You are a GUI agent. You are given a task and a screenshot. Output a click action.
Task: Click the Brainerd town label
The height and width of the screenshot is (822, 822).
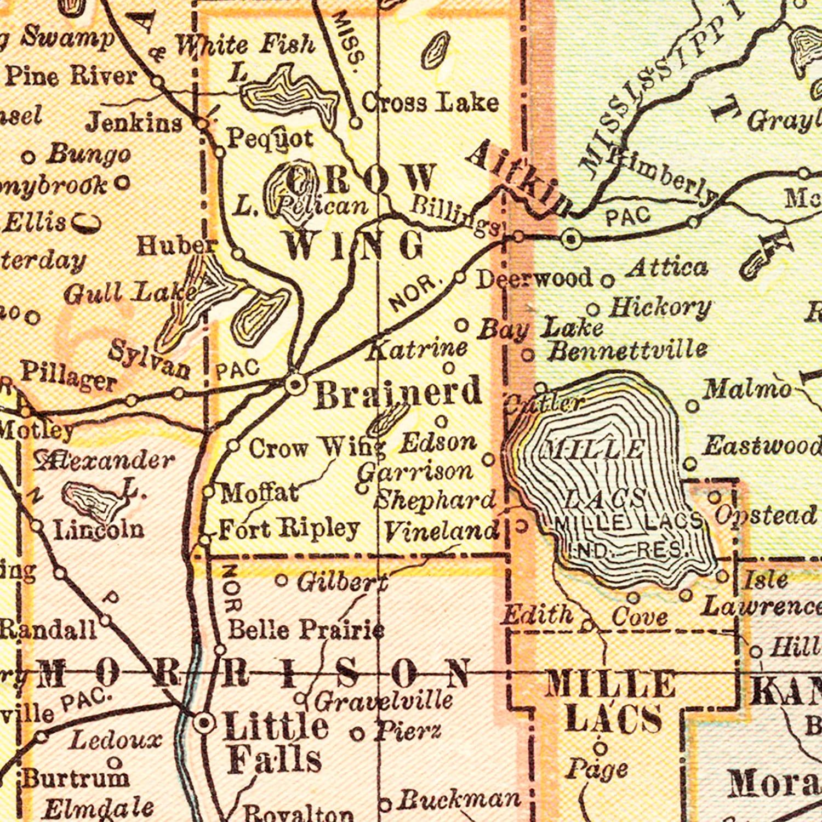(x=398, y=393)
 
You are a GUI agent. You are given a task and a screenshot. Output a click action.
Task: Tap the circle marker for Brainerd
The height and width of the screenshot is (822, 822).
(x=295, y=384)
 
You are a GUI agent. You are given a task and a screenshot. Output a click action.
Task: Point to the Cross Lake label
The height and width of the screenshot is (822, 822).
(x=430, y=102)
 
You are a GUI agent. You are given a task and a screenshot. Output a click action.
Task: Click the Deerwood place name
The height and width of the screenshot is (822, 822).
(x=534, y=278)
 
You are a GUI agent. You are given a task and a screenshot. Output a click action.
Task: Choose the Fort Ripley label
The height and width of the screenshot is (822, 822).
(x=289, y=529)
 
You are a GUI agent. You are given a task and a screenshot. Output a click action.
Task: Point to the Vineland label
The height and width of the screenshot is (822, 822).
(x=441, y=531)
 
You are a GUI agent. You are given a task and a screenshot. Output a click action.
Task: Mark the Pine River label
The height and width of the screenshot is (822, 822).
(x=70, y=76)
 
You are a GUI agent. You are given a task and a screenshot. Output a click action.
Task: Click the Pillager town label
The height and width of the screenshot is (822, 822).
(x=68, y=376)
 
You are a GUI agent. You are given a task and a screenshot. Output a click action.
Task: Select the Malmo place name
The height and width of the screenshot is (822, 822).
(x=747, y=390)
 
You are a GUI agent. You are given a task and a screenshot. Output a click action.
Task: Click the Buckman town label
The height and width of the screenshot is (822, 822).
(x=458, y=801)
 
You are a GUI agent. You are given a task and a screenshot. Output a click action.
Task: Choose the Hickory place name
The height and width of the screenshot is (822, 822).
(x=660, y=308)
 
